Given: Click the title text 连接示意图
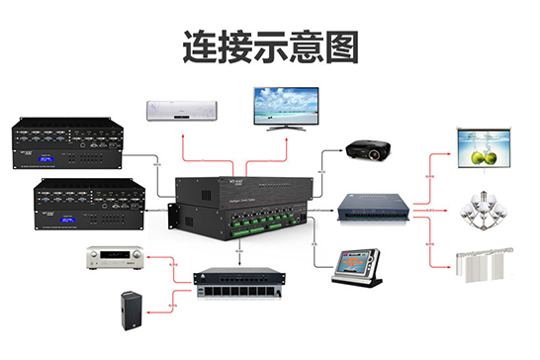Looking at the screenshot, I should (270, 45).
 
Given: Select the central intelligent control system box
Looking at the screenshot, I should (240, 205).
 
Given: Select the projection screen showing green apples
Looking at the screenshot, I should (486, 148).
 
